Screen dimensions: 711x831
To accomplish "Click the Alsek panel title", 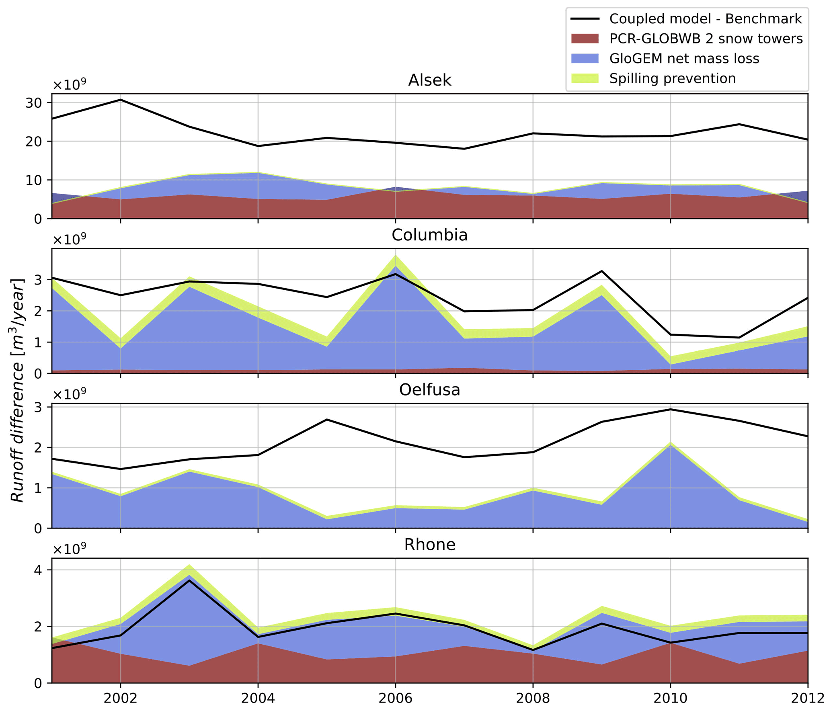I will click(x=429, y=80).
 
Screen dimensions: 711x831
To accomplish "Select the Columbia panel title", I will click(x=429, y=235).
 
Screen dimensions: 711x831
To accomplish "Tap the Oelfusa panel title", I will click(x=429, y=390).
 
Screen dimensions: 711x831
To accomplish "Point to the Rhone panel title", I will click(x=429, y=545).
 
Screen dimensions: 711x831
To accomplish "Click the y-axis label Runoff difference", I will click(x=17, y=390).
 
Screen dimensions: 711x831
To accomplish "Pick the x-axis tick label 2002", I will click(x=120, y=698).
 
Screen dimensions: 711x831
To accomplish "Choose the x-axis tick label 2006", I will click(x=395, y=698).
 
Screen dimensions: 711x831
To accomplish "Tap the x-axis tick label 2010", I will click(x=670, y=698).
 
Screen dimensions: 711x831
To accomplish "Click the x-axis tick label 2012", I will click(x=807, y=698).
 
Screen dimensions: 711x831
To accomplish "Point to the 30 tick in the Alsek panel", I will click(x=33, y=103).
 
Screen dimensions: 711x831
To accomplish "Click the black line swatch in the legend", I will click(x=585, y=19).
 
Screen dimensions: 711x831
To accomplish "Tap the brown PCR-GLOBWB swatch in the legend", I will click(x=585, y=39).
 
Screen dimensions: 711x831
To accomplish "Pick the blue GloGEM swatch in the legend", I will click(x=585, y=58).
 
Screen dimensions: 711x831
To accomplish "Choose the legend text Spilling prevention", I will click(x=672, y=78).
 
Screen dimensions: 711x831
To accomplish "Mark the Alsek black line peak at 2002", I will click(x=121, y=100).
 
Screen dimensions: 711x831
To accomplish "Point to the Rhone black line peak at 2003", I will click(x=189, y=580).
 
